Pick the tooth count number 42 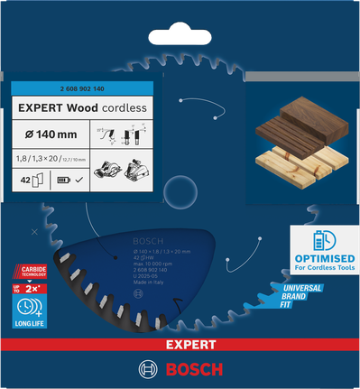tap(25, 180)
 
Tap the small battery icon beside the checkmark tap(64, 181)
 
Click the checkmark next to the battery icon tap(79, 181)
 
